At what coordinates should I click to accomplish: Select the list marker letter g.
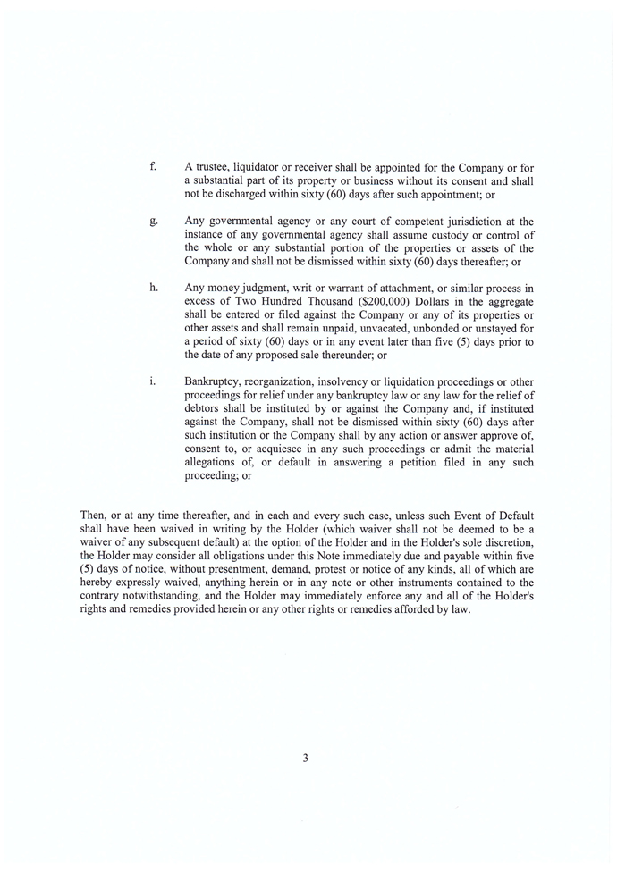[x=154, y=222]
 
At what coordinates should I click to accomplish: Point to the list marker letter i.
[x=153, y=381]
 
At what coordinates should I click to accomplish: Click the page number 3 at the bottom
[x=305, y=759]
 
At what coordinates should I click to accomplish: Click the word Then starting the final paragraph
[x=93, y=516]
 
